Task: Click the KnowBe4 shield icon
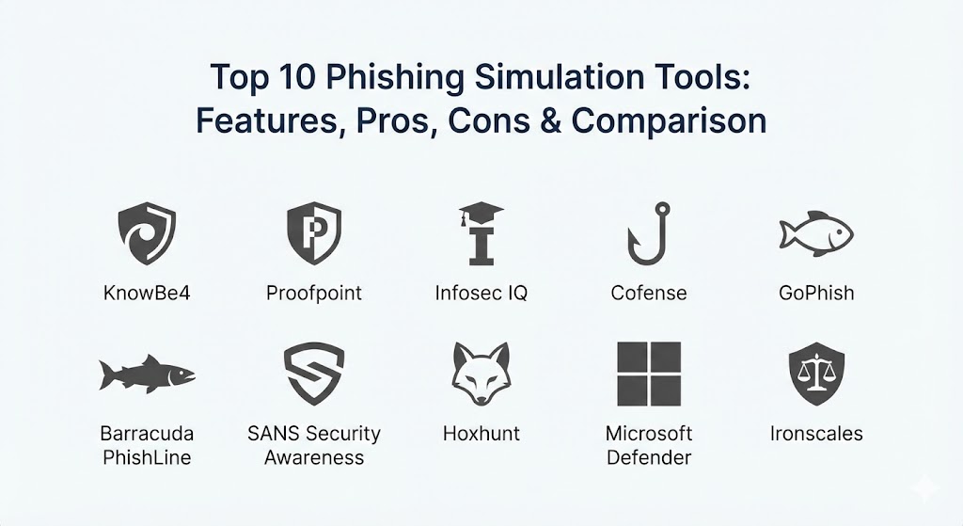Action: pos(147,233)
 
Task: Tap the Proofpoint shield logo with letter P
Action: pos(314,233)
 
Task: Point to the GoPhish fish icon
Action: pos(816,233)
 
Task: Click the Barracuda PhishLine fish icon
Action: pos(147,374)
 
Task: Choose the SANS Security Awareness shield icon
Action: pos(314,374)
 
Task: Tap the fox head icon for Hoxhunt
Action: pos(481,374)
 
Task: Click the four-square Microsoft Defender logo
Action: pos(649,374)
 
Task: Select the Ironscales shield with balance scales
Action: pos(816,374)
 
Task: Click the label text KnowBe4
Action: pos(147,293)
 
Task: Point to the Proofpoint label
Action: pos(314,293)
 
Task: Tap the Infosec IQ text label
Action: pos(481,293)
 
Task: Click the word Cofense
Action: pos(649,293)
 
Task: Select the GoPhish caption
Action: pos(816,293)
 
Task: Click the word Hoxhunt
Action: pos(481,434)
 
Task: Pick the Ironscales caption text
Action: pos(816,434)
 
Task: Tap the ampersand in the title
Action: pos(551,120)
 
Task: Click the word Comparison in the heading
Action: pos(669,121)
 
